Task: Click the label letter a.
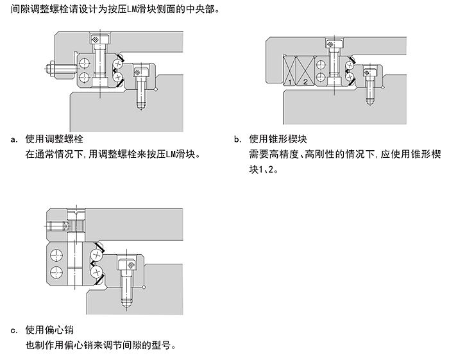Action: pos(13,139)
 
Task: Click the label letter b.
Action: pos(237,139)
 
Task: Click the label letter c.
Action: pos(13,331)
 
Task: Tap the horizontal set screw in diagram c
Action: pos(56,227)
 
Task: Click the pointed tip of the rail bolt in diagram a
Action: pos(141,107)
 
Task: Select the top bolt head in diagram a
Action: pos(97,40)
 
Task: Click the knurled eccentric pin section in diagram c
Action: pos(76,227)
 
